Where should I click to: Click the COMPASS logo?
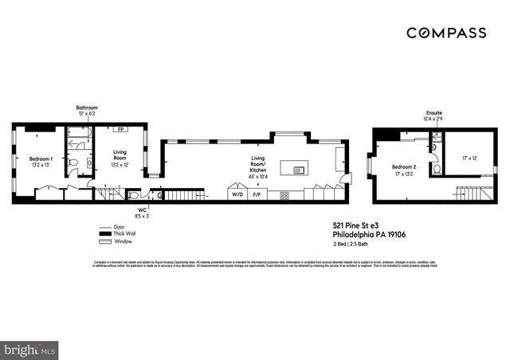point(446,33)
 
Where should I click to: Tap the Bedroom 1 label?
point(41,159)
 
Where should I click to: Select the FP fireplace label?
point(121,129)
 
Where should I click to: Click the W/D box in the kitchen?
point(237,194)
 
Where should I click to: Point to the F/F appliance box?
point(257,194)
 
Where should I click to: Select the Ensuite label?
point(433,114)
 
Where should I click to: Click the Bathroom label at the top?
point(87,107)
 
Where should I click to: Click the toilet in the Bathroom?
point(73,162)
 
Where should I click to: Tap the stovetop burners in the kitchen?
point(284,194)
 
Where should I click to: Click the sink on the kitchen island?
point(300,169)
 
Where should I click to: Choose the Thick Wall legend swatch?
point(103,233)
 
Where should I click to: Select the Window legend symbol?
point(103,241)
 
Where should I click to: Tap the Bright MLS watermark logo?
point(29,348)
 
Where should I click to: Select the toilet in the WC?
point(134,194)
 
